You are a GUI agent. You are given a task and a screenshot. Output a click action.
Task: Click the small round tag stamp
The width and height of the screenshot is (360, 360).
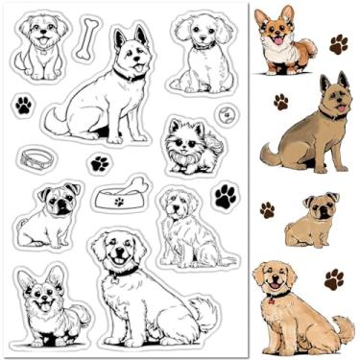pos(226,111)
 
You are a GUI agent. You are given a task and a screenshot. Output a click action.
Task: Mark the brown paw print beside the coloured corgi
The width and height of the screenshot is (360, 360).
pos(338,44)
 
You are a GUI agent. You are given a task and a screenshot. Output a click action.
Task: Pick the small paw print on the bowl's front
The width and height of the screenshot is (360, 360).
pos(119,202)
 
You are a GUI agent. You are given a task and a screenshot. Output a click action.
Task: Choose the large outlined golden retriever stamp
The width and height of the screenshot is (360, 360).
pos(144,286)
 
